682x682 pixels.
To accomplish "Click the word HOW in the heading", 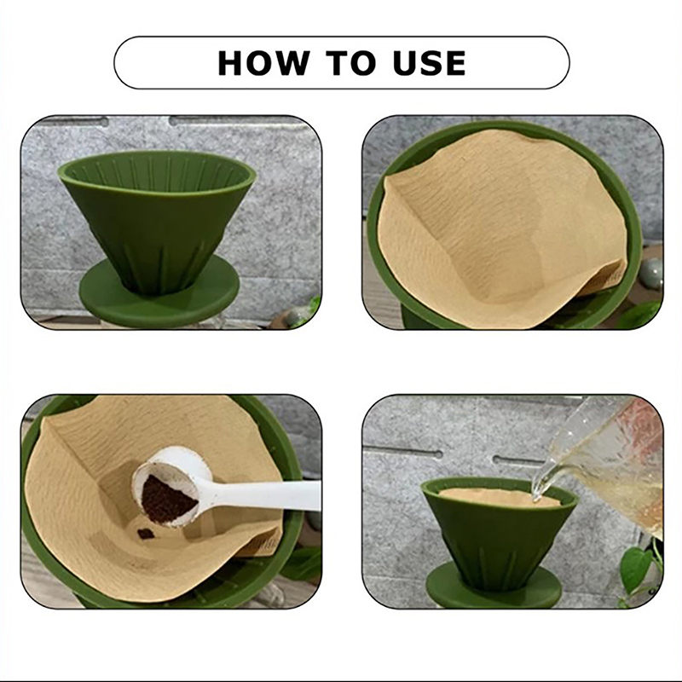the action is pyautogui.click(x=264, y=63).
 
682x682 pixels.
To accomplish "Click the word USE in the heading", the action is pyautogui.click(x=429, y=63).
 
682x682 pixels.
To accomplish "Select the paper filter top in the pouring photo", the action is pyautogui.click(x=500, y=497).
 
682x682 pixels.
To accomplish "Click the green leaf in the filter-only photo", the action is pyautogui.click(x=639, y=314).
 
